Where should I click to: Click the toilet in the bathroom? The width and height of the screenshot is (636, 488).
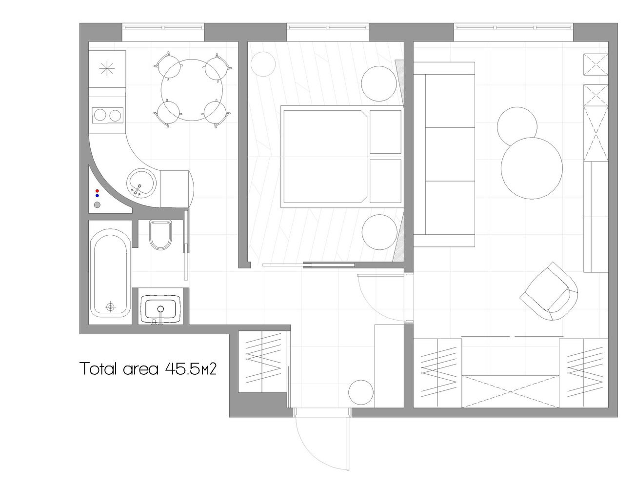[160, 235]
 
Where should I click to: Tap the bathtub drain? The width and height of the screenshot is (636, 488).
[110, 307]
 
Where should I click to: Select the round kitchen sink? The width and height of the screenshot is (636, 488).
[141, 183]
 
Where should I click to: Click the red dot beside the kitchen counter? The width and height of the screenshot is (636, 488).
[97, 191]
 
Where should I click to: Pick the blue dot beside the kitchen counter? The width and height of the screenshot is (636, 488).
[97, 196]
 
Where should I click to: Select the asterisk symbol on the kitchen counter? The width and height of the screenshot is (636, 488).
[107, 69]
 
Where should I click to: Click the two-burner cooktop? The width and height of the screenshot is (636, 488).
[107, 115]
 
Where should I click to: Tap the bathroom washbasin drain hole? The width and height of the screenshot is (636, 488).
[160, 309]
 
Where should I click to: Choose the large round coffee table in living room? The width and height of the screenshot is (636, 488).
[532, 168]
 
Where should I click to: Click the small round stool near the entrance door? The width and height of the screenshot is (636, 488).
[361, 392]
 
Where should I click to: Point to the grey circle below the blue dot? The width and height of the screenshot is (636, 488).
[97, 205]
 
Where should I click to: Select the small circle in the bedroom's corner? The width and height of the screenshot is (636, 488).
[263, 64]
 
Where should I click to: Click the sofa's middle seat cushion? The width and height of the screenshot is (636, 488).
[450, 154]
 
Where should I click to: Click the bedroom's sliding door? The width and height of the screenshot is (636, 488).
[329, 265]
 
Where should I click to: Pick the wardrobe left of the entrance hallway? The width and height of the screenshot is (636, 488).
[262, 362]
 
